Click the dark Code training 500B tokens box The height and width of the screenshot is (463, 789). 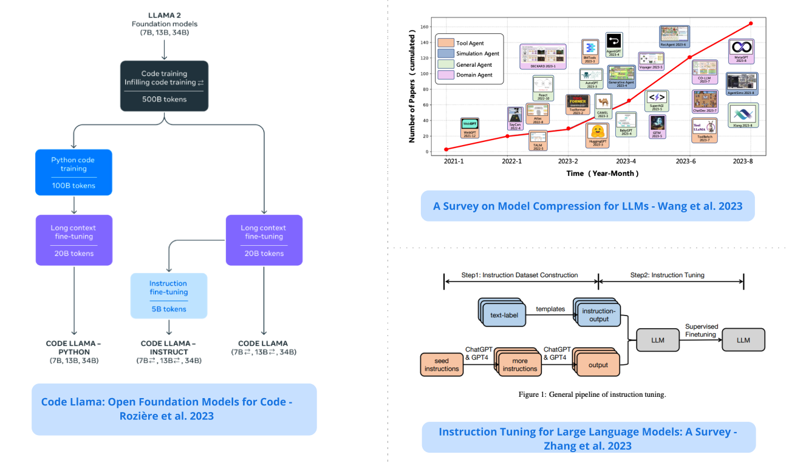click(x=164, y=86)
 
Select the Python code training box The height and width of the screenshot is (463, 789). click(x=73, y=172)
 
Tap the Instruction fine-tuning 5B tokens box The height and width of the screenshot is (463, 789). click(x=168, y=296)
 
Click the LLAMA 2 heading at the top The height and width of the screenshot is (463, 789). click(x=164, y=15)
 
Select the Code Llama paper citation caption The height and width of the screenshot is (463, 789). click(x=174, y=408)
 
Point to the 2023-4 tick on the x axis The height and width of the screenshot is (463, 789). click(x=626, y=162)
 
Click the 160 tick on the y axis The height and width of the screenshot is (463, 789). click(x=423, y=27)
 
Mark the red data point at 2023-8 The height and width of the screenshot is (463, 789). click(x=751, y=24)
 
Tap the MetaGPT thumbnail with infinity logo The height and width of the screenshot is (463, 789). click(x=740, y=49)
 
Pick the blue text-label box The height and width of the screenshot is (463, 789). click(x=499, y=315)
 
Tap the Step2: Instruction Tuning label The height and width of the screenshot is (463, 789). click(x=667, y=275)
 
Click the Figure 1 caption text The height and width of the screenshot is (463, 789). click(x=592, y=394)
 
